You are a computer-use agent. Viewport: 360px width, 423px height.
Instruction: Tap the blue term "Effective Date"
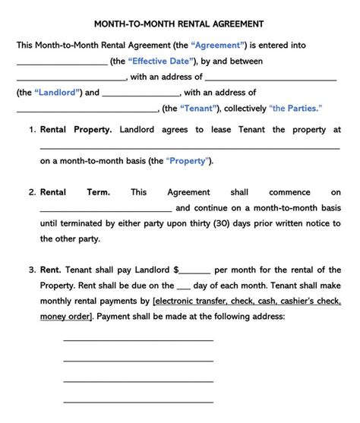coord(162,61)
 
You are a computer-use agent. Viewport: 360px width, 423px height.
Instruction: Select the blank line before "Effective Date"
coord(62,63)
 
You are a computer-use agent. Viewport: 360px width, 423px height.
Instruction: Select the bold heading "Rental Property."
coord(76,130)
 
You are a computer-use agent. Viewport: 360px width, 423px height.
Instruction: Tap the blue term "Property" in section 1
coord(189,161)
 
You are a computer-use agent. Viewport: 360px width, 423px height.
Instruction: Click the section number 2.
coord(33,193)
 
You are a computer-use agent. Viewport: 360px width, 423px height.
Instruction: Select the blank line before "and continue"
coord(106,210)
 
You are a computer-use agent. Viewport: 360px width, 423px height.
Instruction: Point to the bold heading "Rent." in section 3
coord(51,270)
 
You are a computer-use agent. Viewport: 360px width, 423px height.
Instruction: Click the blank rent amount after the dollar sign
coord(196,272)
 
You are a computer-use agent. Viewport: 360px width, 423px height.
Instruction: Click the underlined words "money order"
coord(65,316)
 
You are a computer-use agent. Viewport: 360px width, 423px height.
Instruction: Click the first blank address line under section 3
coord(138,340)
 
